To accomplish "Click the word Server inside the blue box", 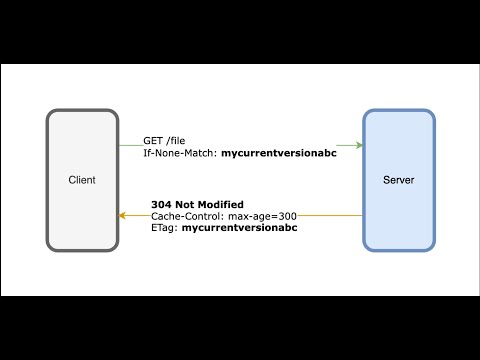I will coord(399,181).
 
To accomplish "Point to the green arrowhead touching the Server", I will coord(358,146).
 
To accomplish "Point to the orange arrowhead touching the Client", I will coord(124,215).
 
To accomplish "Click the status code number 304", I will coord(162,202).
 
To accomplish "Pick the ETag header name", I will coord(164,228).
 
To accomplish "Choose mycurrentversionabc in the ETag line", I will coord(239,228).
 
